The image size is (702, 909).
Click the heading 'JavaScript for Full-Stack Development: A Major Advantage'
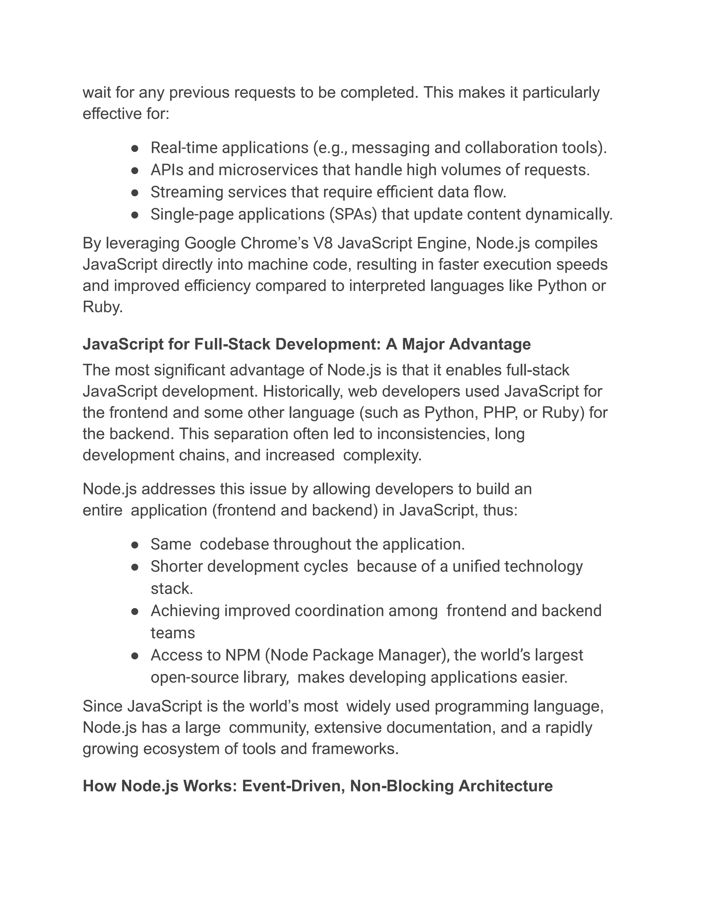point(306,344)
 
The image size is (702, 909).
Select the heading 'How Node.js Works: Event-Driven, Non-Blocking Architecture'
point(317,786)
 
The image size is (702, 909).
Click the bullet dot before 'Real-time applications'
point(134,148)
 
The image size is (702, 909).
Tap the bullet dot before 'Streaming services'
point(134,193)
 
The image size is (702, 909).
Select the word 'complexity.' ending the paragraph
point(382,455)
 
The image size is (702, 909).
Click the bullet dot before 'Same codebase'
point(134,545)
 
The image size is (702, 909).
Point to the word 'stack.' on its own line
point(172,589)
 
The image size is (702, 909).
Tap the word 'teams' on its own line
point(173,633)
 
